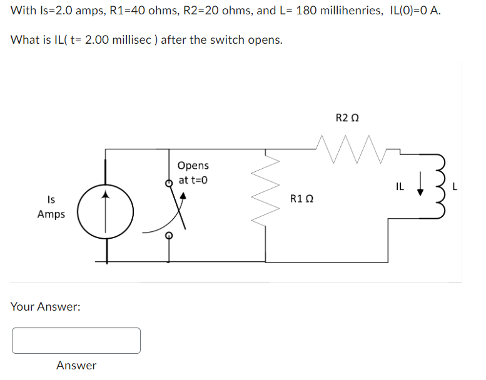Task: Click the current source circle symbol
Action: click(x=106, y=212)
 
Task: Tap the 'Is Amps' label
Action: click(x=51, y=207)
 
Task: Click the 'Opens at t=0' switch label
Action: click(x=193, y=172)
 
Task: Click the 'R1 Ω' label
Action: click(x=301, y=199)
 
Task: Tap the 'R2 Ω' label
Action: click(x=347, y=117)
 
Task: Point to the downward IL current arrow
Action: click(x=421, y=186)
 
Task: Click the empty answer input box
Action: click(x=76, y=341)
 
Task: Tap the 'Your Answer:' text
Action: click(x=46, y=307)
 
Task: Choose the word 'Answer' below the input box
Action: click(x=76, y=366)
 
